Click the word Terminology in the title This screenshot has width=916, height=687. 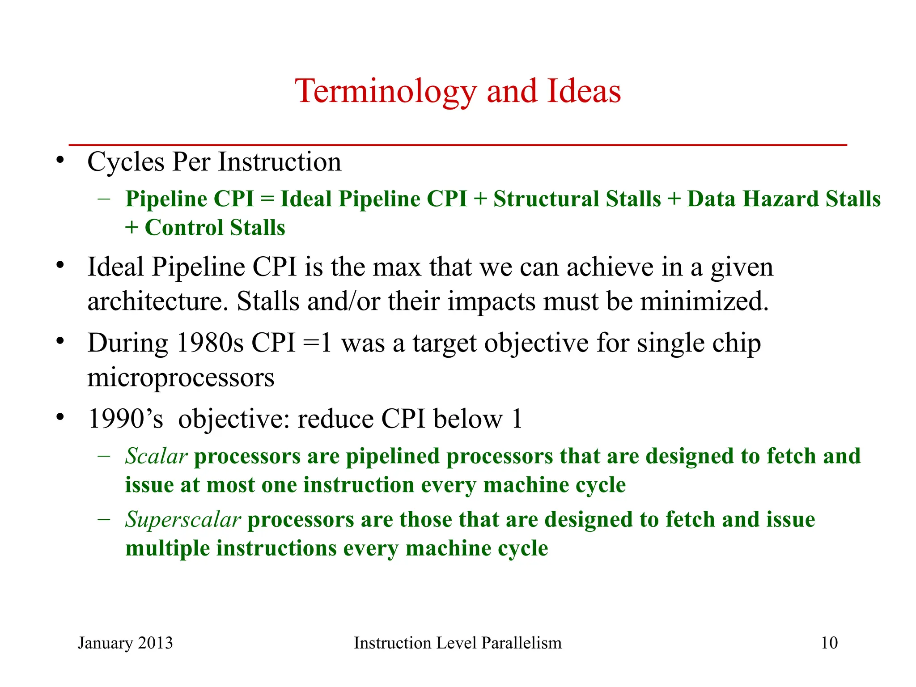pos(386,92)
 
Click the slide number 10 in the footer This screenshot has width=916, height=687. pos(829,643)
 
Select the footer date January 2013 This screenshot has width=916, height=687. pos(125,643)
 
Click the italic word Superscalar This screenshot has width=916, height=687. pos(183,520)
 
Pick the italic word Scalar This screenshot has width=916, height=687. pos(156,456)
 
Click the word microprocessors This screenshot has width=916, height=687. pos(181,377)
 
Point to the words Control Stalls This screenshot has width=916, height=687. pos(215,227)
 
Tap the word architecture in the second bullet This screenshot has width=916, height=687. pos(154,301)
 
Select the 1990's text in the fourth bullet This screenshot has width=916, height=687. pos(126,419)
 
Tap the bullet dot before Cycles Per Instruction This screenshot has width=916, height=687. pos(60,160)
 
